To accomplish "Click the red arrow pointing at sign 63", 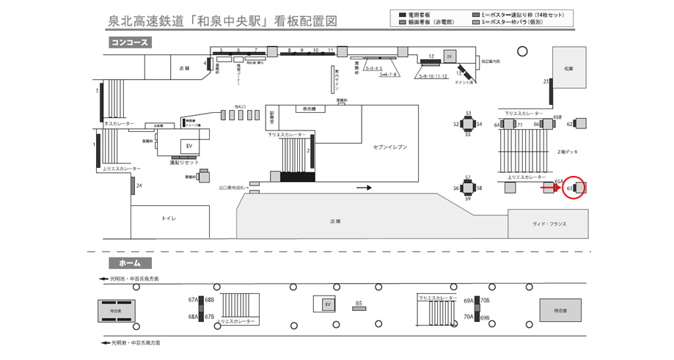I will coord(547,188).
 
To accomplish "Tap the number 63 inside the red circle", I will coord(570,188).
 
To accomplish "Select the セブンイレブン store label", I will coord(389,147).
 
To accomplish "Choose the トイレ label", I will coord(169,218).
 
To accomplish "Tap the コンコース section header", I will coord(130,43).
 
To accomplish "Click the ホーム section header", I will coord(130,262).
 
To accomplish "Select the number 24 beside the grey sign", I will coord(139,185).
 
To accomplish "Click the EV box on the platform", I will coord(328,304).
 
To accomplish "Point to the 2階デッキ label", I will coord(568,151).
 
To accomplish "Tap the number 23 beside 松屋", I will coord(546,81).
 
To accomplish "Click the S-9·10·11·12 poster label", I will coord(433,76).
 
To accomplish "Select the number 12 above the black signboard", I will coord(431,56).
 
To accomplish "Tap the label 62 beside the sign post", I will coord(569,124).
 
